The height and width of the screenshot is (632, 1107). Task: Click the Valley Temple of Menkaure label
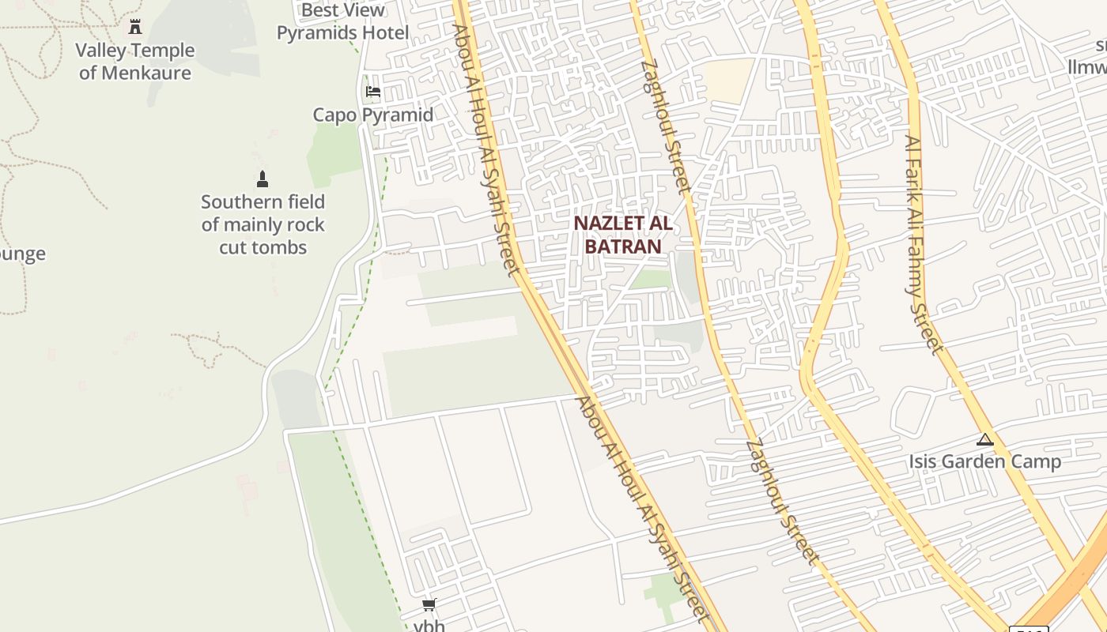(x=135, y=62)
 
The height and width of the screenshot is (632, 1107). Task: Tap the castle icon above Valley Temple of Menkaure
(x=135, y=27)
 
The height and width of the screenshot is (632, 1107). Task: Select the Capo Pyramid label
(x=373, y=115)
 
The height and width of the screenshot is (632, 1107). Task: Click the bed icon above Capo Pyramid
(x=373, y=92)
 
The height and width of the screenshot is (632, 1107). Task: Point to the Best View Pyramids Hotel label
(x=343, y=21)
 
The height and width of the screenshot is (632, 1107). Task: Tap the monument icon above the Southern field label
(x=263, y=179)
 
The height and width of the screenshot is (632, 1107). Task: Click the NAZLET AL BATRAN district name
(x=623, y=235)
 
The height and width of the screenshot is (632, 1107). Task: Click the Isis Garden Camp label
(x=984, y=461)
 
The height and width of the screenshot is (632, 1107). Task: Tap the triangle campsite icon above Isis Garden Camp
(x=985, y=439)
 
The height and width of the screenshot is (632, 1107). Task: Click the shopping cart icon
(x=429, y=605)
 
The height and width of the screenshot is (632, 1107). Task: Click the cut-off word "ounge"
(x=22, y=254)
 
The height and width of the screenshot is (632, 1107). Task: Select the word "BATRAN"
(x=623, y=246)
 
